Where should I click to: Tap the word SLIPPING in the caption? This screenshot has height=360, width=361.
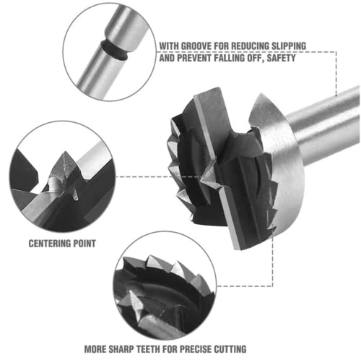[289, 46]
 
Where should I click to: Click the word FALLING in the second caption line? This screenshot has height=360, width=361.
[229, 58]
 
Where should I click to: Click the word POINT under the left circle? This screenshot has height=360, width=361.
[84, 244]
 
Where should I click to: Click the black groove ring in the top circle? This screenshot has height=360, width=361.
[114, 50]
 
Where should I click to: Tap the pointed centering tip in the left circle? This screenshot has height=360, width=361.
[64, 153]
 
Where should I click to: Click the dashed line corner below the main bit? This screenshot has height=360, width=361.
[272, 286]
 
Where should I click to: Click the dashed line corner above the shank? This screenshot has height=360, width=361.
[336, 51]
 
